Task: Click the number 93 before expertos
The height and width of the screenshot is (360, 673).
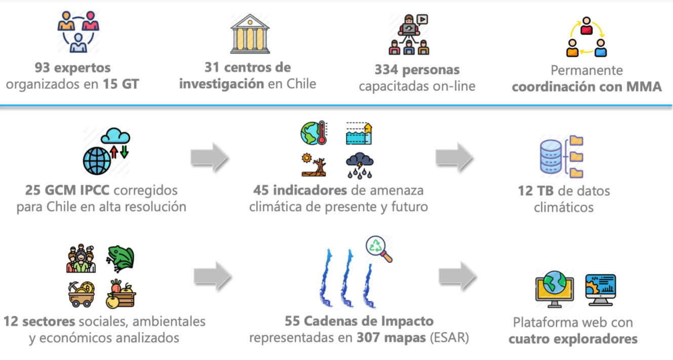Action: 43,67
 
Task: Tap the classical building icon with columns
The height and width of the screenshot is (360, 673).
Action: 250,34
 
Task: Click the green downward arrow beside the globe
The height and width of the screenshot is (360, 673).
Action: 124,151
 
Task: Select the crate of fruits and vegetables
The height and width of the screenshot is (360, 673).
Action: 121,294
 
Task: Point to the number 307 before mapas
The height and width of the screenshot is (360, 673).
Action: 371,337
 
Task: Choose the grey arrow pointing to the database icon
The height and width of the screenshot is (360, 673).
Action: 454,157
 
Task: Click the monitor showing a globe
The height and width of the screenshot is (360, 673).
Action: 555,288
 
